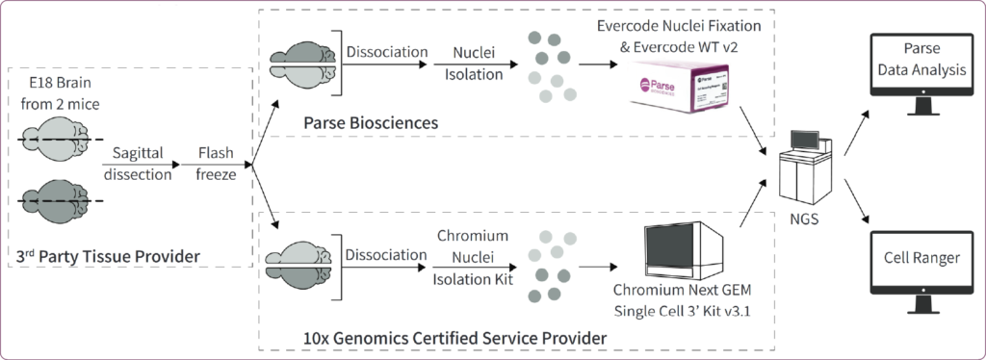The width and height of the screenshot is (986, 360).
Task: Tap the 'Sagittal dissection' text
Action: (x=139, y=165)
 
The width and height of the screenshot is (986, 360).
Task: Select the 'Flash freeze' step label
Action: (x=216, y=165)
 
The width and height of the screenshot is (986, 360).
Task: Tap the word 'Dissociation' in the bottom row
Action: (x=384, y=255)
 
